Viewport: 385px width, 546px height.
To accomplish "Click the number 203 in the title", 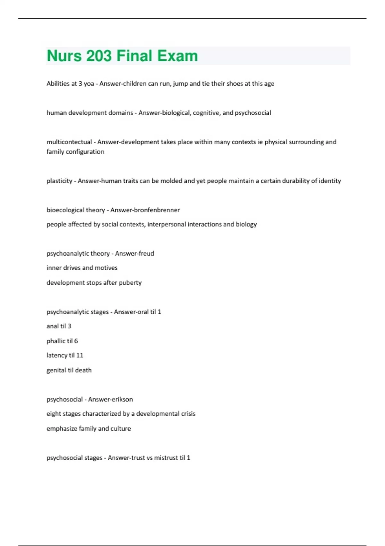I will pyautogui.click(x=99, y=56).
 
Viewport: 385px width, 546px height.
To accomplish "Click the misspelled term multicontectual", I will pyautogui.click(x=69, y=142).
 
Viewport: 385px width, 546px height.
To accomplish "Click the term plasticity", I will pyautogui.click(x=59, y=181).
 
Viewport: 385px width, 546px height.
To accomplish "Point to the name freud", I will pyautogui.click(x=146, y=253).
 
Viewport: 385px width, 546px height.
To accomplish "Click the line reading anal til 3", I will pyautogui.click(x=59, y=326).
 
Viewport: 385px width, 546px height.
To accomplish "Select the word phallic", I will pyautogui.click(x=56, y=341).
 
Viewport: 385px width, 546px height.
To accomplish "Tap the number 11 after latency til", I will pyautogui.click(x=80, y=355).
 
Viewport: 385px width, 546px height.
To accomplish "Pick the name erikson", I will pyautogui.click(x=122, y=399).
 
